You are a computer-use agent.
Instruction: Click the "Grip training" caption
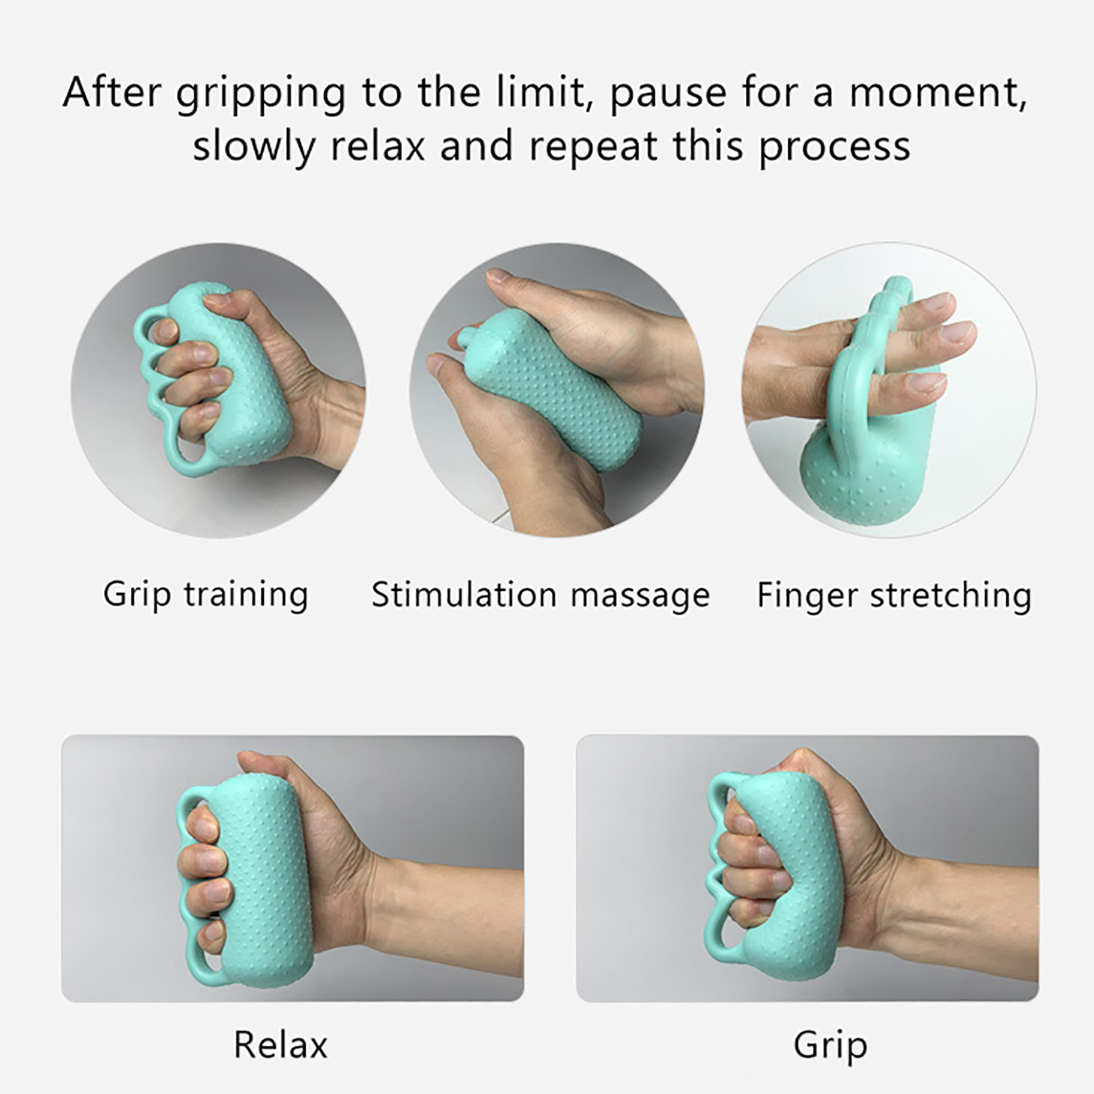206,595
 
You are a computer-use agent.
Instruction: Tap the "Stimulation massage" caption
540,595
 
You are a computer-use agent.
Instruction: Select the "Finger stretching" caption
894,595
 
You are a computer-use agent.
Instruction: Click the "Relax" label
280,1045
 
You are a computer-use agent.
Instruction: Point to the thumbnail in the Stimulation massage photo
500,276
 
